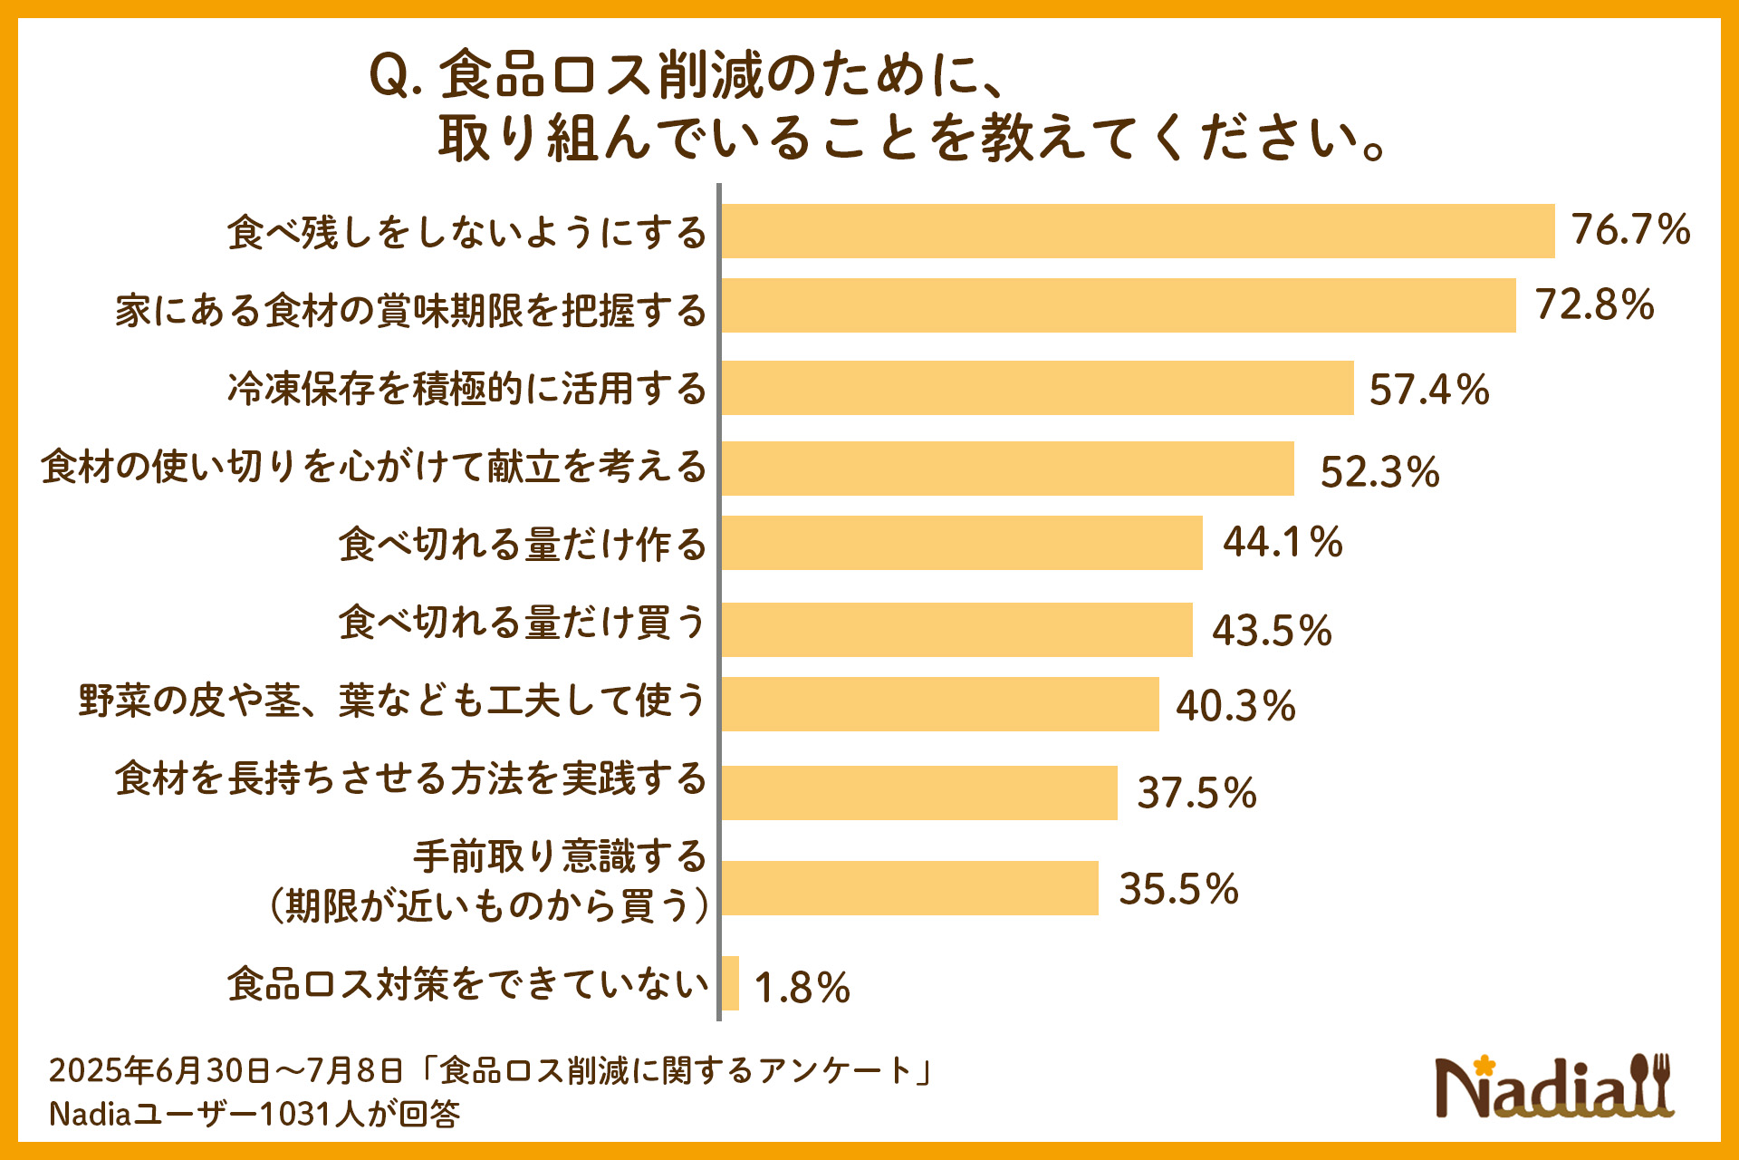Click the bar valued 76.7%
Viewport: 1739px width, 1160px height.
pyautogui.click(x=1138, y=231)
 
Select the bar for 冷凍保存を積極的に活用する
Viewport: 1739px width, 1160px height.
pyautogui.click(x=1037, y=388)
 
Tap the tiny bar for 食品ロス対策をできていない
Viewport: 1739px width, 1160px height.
pyautogui.click(x=730, y=983)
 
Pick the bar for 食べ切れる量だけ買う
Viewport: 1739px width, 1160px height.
pyautogui.click(x=956, y=630)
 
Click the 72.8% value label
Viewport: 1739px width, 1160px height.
pyautogui.click(x=1594, y=304)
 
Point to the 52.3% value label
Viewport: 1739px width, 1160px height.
pyautogui.click(x=1379, y=471)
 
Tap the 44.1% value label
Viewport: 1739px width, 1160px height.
pyautogui.click(x=1283, y=542)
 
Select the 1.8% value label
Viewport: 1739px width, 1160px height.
pyautogui.click(x=802, y=988)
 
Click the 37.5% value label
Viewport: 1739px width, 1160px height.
pyautogui.click(x=1196, y=793)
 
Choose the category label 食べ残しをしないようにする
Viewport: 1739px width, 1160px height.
pyautogui.click(x=466, y=232)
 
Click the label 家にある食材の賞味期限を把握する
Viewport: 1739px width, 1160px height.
pyautogui.click(x=410, y=311)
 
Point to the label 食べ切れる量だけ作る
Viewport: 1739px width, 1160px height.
pyautogui.click(x=523, y=544)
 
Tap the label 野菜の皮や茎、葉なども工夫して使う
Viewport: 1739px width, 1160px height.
pyautogui.click(x=392, y=701)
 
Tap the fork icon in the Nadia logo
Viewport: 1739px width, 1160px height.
pyautogui.click(x=1659, y=1082)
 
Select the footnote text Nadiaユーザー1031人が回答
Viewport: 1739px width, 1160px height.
pyautogui.click(x=255, y=1114)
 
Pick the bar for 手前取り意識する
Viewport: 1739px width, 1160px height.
pyautogui.click(x=909, y=888)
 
